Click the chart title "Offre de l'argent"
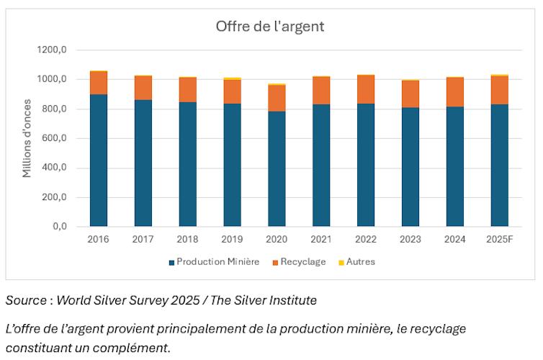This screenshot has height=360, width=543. [270, 27]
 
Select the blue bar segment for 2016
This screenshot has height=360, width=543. [99, 160]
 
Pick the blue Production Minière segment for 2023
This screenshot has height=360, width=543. [410, 167]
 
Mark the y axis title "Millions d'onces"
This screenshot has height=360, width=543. [27, 138]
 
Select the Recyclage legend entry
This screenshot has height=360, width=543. [301, 262]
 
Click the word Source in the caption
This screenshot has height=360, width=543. [25, 300]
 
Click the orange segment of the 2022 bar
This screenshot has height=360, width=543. [366, 89]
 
